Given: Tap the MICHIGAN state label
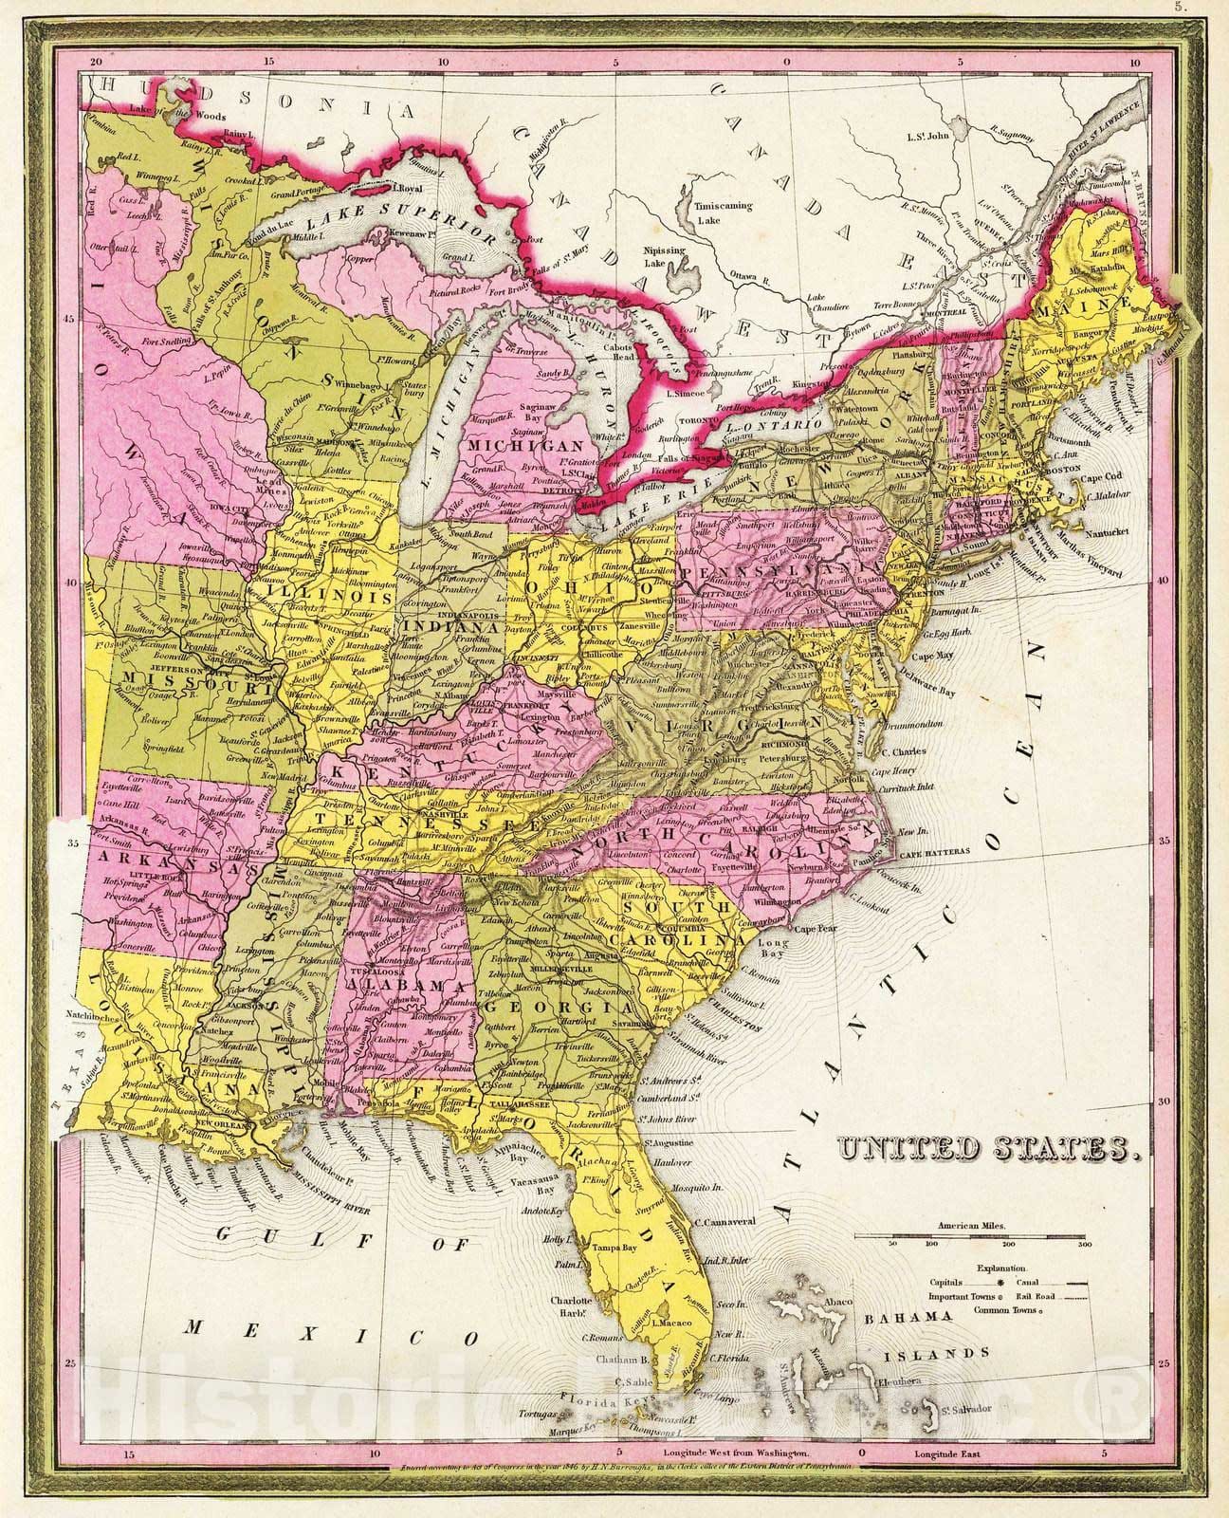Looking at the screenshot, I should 527,445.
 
